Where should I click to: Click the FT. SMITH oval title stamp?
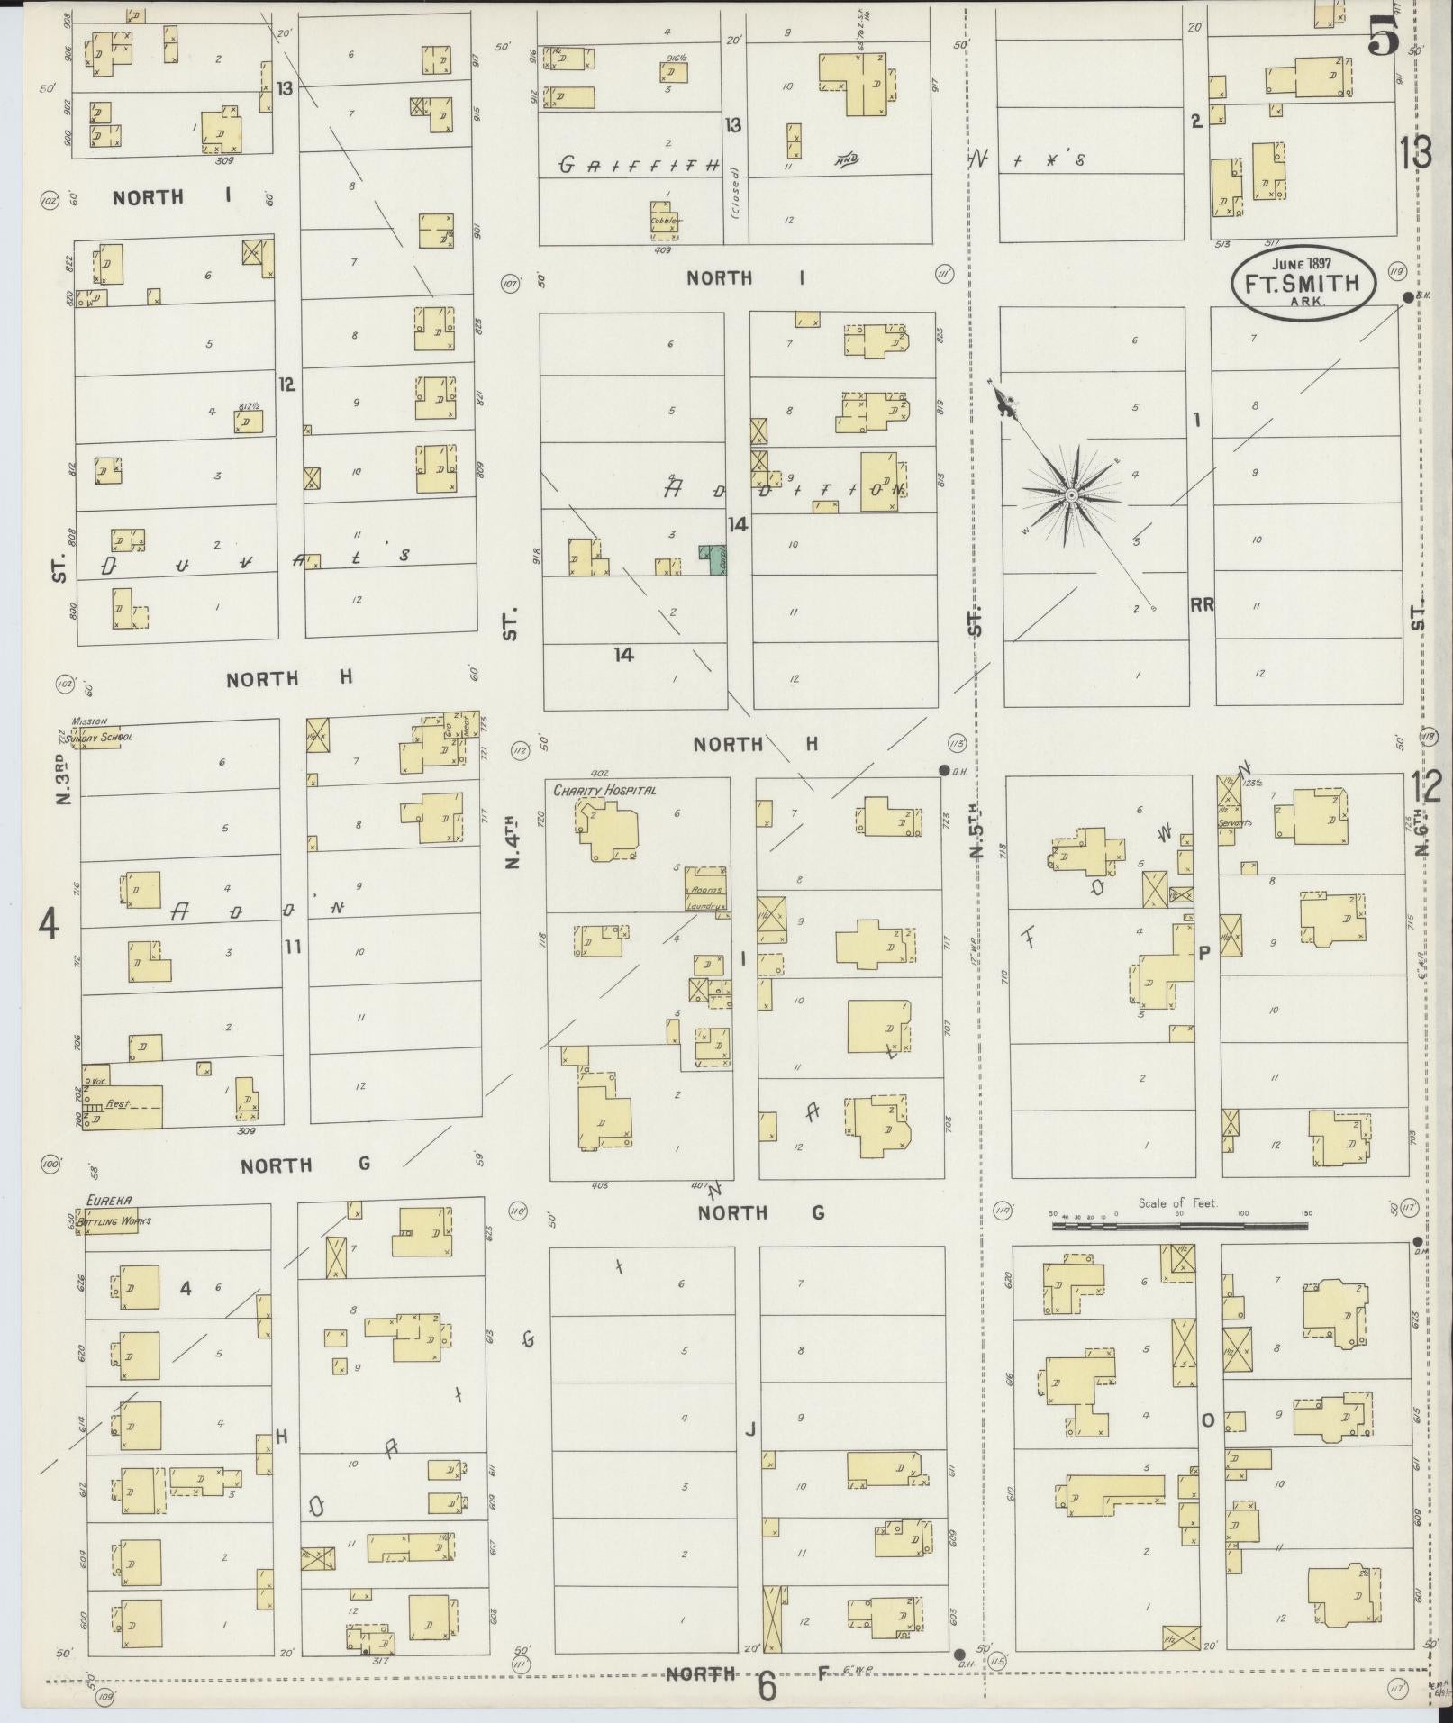pyautogui.click(x=1303, y=283)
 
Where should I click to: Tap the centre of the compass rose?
pyautogui.click(x=1071, y=495)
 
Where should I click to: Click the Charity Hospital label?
pyautogui.click(x=604, y=790)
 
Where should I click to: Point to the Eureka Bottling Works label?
pyautogui.click(x=117, y=1211)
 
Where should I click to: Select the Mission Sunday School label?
pyautogui.click(x=101, y=730)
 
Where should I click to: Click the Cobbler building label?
pyautogui.click(x=666, y=221)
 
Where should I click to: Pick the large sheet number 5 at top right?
pyautogui.click(x=1383, y=38)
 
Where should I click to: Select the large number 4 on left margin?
pyautogui.click(x=47, y=923)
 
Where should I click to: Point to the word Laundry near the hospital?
pyautogui.click(x=706, y=907)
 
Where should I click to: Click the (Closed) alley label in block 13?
pyautogui.click(x=734, y=194)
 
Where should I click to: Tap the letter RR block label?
pyautogui.click(x=1201, y=605)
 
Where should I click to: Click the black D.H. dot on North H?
pyautogui.click(x=943, y=770)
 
